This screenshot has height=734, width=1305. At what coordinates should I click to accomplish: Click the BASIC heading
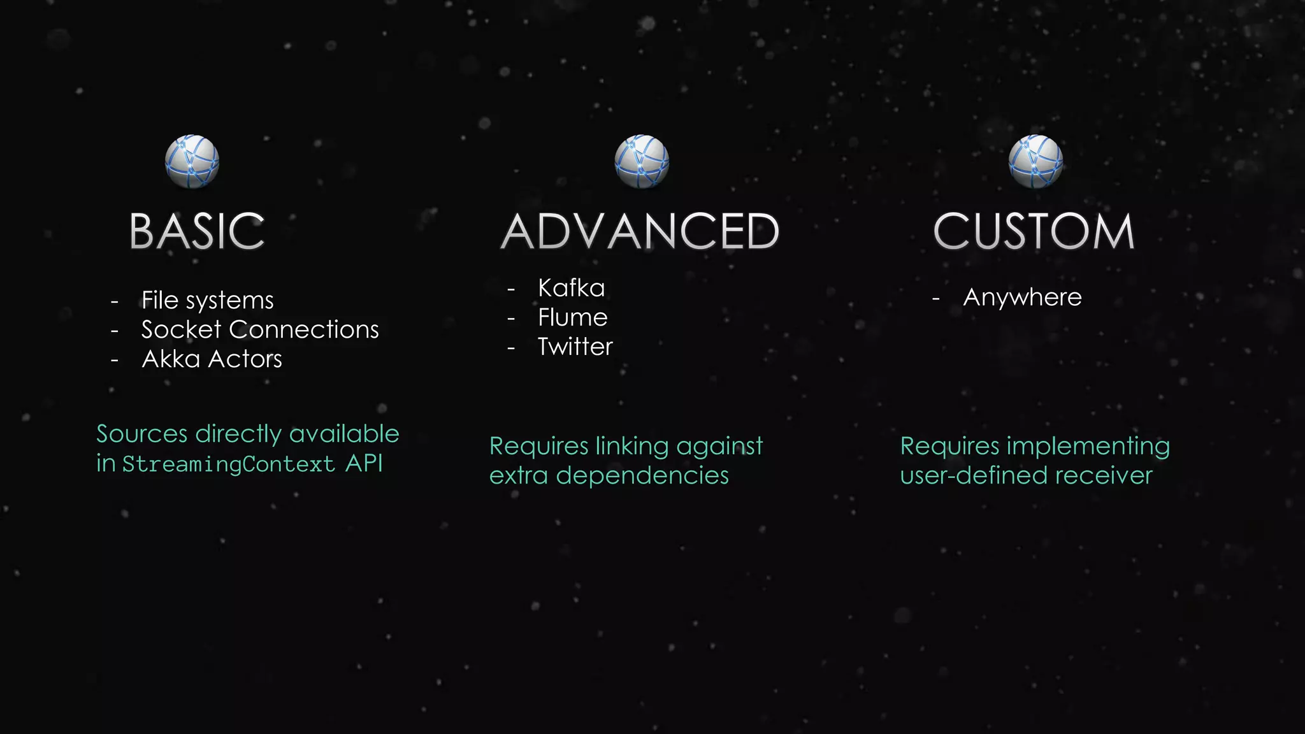197,231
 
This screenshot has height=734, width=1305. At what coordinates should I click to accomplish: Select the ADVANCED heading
640,231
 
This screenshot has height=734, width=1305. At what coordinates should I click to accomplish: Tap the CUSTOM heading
1034,231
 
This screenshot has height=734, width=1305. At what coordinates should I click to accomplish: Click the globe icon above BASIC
192,162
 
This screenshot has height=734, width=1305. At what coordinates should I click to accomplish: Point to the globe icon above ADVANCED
642,162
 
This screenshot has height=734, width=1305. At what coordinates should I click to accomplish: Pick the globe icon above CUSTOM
1035,162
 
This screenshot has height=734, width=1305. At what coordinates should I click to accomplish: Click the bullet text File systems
207,300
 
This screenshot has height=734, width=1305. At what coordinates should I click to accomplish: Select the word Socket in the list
181,329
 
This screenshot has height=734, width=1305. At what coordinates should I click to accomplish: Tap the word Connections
304,329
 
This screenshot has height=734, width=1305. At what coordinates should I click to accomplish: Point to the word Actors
245,359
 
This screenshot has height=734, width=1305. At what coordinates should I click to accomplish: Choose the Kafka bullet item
571,288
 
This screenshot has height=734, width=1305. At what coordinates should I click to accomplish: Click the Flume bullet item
572,317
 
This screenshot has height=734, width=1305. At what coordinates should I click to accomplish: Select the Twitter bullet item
575,347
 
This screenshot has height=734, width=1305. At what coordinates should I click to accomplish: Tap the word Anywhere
1022,298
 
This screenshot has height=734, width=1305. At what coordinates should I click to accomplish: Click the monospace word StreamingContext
228,464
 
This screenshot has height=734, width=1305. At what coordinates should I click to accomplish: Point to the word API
364,463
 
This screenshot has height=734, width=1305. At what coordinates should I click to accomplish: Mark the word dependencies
642,475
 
